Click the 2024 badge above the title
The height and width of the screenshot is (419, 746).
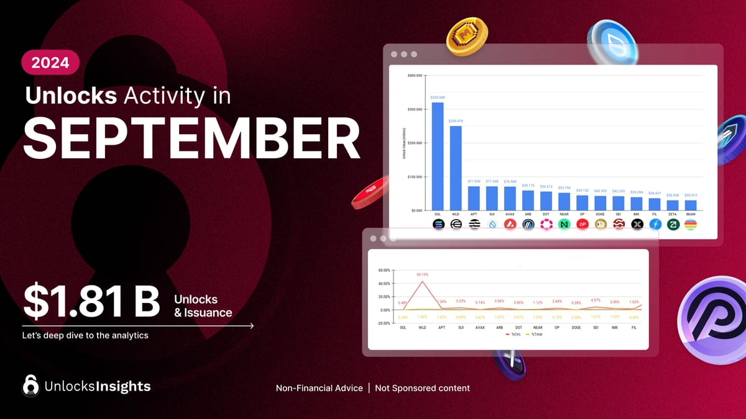[50, 63]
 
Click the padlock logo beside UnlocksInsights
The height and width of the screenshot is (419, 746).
[30, 385]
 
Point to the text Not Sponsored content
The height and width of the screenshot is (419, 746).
[422, 388]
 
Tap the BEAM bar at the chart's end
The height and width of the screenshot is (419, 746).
[690, 205]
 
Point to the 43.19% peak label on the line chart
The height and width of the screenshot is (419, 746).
[422, 274]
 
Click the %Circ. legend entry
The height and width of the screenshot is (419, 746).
[513, 334]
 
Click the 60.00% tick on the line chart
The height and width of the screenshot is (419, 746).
[384, 271]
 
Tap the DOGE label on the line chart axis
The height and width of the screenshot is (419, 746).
[576, 327]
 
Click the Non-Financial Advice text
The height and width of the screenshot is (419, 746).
[319, 388]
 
